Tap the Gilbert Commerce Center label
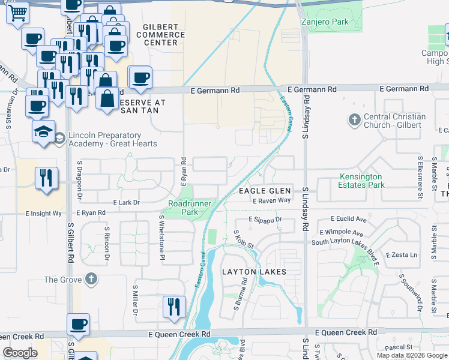(160, 35)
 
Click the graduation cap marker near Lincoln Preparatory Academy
(44, 133)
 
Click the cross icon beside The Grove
(91, 280)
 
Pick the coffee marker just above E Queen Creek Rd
(78, 325)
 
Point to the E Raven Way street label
(271, 200)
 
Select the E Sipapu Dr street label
(265, 220)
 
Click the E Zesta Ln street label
(402, 255)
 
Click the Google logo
(20, 353)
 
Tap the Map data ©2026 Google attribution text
(411, 355)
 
